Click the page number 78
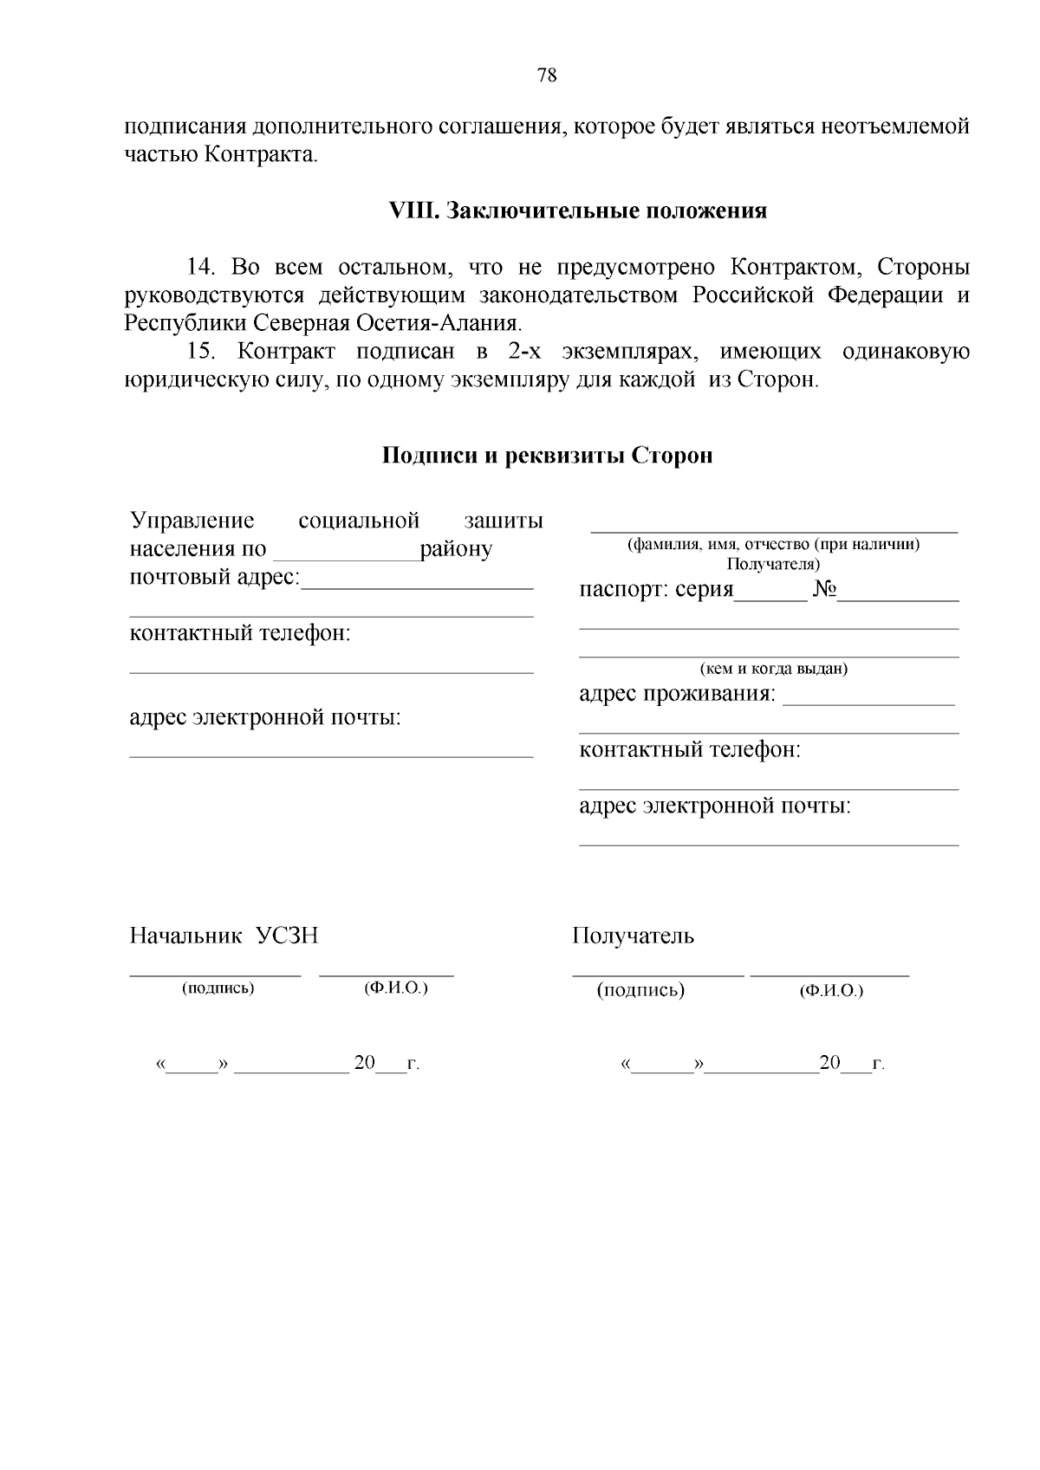[547, 74]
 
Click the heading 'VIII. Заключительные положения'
[577, 210]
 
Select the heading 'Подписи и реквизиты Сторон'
[548, 456]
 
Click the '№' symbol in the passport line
[824, 591]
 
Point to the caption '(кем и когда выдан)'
[773, 669]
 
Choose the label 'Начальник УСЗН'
[224, 936]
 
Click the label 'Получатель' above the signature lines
[633, 936]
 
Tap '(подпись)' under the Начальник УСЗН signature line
[218, 988]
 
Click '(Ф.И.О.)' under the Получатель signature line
[831, 990]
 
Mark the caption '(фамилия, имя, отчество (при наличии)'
[773, 545]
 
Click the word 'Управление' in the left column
[192, 521]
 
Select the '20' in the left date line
[364, 1063]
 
